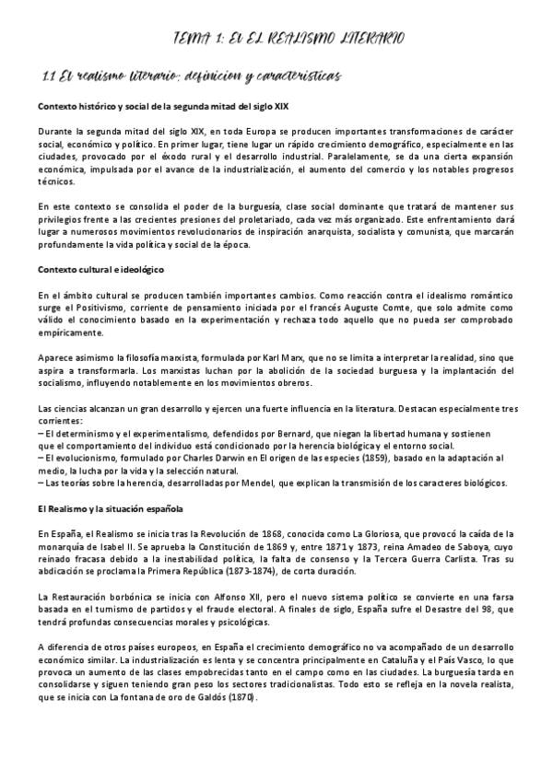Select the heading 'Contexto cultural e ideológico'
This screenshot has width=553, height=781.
[101, 268]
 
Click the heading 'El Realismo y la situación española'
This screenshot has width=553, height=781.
[110, 507]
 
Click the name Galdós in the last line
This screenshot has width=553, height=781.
[213, 698]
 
